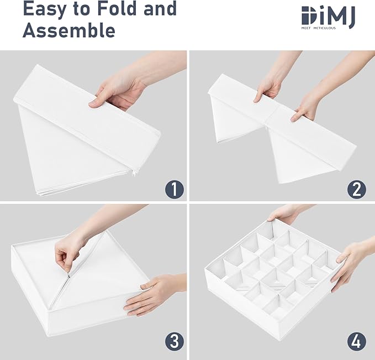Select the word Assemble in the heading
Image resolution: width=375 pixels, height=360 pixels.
[69, 30]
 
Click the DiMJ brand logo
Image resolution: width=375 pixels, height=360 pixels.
[328, 17]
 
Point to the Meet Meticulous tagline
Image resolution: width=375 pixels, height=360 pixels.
[318, 28]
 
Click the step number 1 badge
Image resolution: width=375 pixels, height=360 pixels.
[175, 189]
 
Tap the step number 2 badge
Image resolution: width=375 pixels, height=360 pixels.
[357, 189]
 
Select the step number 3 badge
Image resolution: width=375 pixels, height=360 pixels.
[175, 341]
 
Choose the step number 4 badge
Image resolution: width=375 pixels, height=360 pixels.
[357, 341]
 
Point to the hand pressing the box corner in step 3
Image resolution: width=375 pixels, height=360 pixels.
[153, 295]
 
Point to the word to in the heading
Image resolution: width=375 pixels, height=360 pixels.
[81, 9]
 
